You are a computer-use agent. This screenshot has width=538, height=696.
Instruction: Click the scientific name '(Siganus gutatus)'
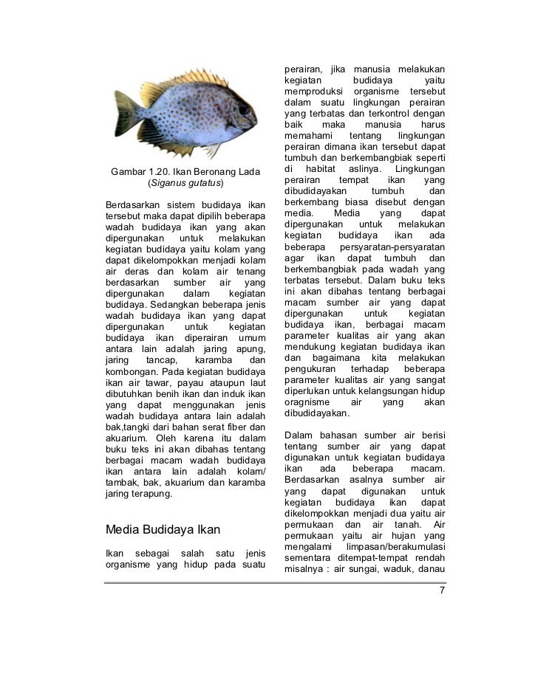185,183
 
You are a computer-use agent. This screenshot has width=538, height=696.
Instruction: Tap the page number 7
441,591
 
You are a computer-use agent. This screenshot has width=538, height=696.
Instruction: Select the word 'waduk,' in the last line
397,571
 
